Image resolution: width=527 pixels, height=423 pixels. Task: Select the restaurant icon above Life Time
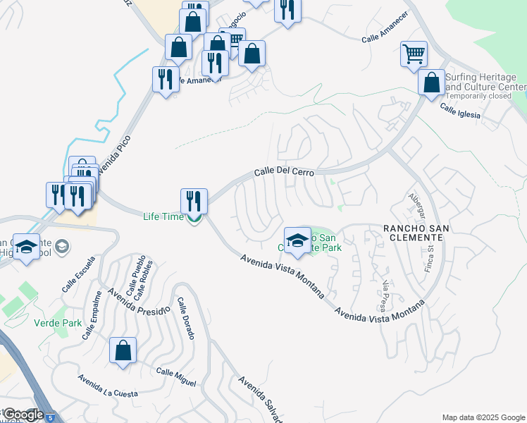coord(194,201)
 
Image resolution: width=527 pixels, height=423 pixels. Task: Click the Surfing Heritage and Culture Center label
coord(483,81)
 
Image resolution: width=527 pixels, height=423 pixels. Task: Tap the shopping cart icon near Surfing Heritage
coord(414,54)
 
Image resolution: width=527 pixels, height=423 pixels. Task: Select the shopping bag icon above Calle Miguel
coord(123,350)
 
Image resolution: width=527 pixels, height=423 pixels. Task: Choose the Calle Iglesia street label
coord(460,111)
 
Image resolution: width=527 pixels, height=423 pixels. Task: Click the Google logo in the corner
coord(23,415)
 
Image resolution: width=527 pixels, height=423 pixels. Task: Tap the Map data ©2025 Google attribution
coord(483,417)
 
